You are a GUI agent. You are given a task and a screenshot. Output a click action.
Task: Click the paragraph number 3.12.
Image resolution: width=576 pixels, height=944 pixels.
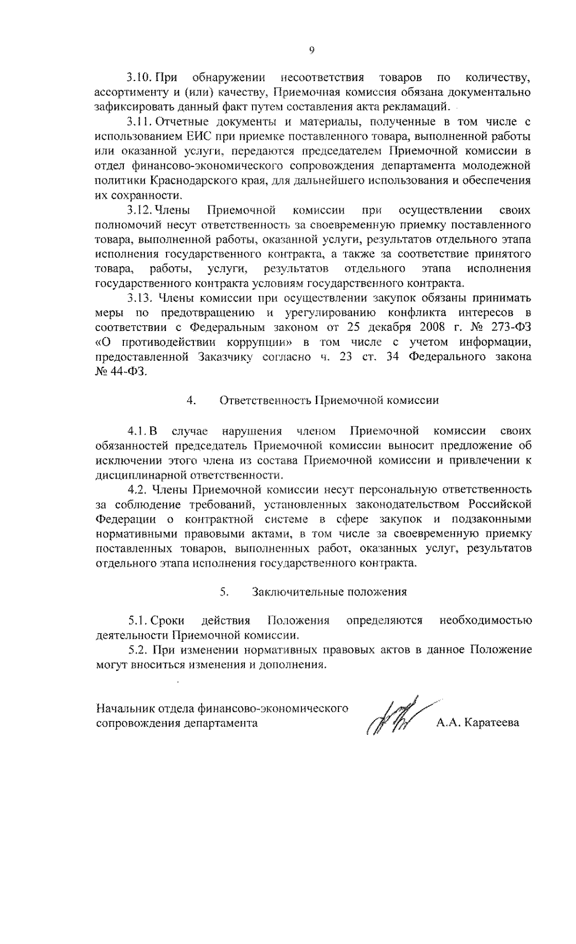(x=139, y=210)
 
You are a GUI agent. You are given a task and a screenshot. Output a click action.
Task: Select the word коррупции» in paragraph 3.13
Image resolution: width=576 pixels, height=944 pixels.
(x=257, y=342)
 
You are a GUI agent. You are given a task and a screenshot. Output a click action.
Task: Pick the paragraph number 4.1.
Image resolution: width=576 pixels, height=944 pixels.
(x=136, y=430)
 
